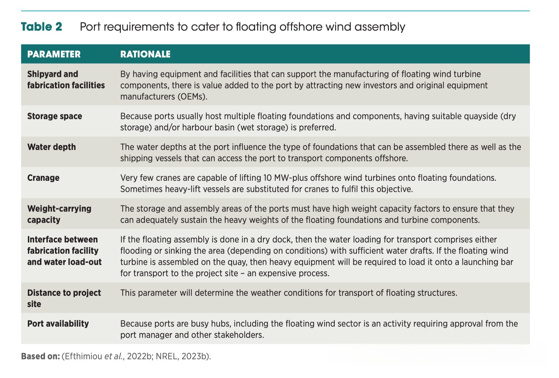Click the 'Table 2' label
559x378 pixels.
pos(41,27)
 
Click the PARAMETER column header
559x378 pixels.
pos(54,54)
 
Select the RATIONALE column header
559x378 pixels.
pos(145,54)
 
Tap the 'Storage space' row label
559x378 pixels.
pos(55,116)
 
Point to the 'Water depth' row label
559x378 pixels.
pos(51,147)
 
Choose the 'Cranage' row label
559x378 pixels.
pos(43,178)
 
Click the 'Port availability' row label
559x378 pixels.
pos(58,324)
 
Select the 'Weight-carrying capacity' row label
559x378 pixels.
pos(59,214)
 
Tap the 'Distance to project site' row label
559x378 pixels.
pos(64,298)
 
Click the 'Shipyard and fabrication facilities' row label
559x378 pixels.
pos(66,79)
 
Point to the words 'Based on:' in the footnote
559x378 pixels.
pos(40,356)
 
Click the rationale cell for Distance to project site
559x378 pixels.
pos(288,293)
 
